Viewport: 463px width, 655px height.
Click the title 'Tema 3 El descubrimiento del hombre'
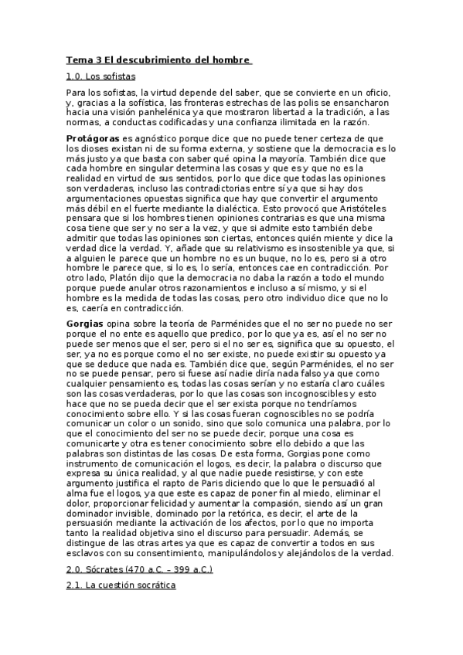158,59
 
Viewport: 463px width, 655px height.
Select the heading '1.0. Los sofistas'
100,76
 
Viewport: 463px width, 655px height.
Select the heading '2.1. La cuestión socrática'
121,586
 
